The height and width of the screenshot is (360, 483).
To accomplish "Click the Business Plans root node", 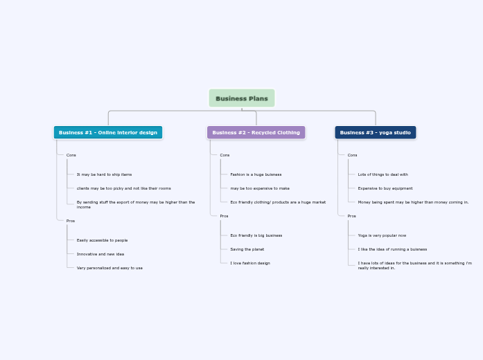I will pyautogui.click(x=242, y=98).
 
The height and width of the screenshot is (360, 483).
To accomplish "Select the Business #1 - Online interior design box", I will pyautogui.click(x=108, y=132).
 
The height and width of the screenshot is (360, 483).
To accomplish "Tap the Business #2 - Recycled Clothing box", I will pyautogui.click(x=256, y=132).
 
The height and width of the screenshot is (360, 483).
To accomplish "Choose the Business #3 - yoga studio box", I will pyautogui.click(x=375, y=132).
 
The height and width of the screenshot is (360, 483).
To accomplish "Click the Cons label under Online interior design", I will pyautogui.click(x=71, y=155).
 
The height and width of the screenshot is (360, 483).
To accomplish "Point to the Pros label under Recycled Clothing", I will pyautogui.click(x=224, y=216).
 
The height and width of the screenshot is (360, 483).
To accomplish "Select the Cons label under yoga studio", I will pyautogui.click(x=352, y=155).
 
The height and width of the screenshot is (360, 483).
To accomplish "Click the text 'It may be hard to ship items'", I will pyautogui.click(x=104, y=174).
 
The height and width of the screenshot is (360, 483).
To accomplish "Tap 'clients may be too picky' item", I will pyautogui.click(x=123, y=188).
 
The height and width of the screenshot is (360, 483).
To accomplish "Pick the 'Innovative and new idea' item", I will pyautogui.click(x=100, y=254).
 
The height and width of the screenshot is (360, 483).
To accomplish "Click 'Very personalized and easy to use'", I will pyautogui.click(x=109, y=268).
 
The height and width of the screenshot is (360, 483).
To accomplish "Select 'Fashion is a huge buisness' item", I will pyautogui.click(x=256, y=174).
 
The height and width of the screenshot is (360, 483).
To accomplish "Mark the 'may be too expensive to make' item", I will pyautogui.click(x=260, y=188).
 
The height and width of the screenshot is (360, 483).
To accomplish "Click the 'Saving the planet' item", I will pyautogui.click(x=247, y=249).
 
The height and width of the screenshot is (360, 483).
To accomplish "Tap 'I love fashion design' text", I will pyautogui.click(x=250, y=263).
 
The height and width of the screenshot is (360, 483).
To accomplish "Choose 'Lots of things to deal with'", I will pyautogui.click(x=383, y=174).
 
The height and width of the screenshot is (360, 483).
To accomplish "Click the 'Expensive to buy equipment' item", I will pyautogui.click(x=385, y=188).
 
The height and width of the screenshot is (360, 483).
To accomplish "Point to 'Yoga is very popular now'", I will pyautogui.click(x=382, y=235).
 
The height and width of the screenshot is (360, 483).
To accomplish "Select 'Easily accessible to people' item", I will pyautogui.click(x=102, y=240).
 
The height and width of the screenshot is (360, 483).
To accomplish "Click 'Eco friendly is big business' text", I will pyautogui.click(x=256, y=235).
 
